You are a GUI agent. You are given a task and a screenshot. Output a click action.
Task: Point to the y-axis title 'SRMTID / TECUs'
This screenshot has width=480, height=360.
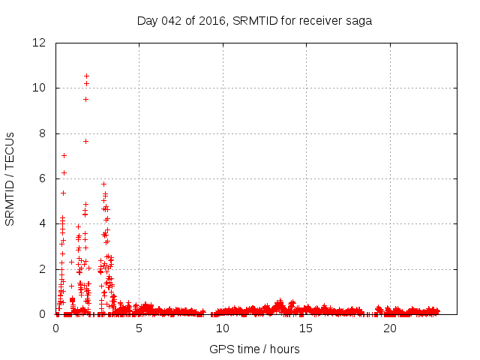click(x=10, y=178)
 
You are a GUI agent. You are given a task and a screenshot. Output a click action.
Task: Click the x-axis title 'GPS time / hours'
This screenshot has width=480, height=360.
click(x=254, y=349)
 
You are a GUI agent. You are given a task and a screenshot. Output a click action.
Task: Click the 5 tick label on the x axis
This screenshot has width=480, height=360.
click(x=139, y=328)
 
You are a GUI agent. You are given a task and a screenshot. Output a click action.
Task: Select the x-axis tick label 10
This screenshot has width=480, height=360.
click(x=223, y=328)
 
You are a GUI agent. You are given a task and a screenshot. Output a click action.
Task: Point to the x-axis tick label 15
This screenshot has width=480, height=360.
click(x=306, y=328)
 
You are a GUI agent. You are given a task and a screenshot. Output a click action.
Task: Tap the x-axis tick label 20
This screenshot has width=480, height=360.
click(x=390, y=328)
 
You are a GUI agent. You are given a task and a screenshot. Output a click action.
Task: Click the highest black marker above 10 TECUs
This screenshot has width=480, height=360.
click(x=86, y=76)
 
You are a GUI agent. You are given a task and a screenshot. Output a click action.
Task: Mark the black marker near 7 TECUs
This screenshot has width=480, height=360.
click(x=64, y=155)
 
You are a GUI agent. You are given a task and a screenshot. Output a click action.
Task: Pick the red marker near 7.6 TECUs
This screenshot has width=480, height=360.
click(x=85, y=141)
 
